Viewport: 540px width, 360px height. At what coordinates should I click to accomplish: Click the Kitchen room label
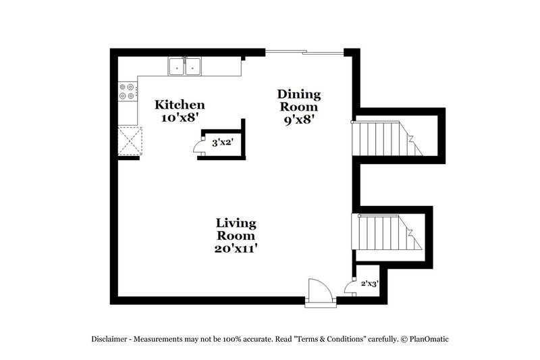pyautogui.click(x=180, y=105)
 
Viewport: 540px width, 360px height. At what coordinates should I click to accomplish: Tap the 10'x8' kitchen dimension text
pyautogui.click(x=180, y=118)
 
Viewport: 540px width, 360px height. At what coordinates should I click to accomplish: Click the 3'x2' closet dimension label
pyautogui.click(x=223, y=143)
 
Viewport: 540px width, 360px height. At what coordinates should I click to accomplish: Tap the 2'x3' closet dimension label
pyautogui.click(x=369, y=284)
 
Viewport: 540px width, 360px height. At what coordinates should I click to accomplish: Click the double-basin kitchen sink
pyautogui.click(x=185, y=67)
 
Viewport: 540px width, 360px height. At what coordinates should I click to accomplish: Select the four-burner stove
pyautogui.click(x=127, y=91)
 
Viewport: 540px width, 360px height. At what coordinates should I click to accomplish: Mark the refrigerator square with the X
pyautogui.click(x=128, y=141)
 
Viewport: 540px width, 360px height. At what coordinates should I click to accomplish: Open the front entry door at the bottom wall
pyautogui.click(x=318, y=292)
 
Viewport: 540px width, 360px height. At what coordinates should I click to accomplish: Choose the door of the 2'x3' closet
pyautogui.click(x=351, y=286)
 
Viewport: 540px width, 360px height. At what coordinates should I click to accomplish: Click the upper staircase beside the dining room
pyautogui.click(x=385, y=138)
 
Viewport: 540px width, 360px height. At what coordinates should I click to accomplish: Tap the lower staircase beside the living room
pyautogui.click(x=385, y=232)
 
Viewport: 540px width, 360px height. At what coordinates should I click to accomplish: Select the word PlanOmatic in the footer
pyautogui.click(x=427, y=339)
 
